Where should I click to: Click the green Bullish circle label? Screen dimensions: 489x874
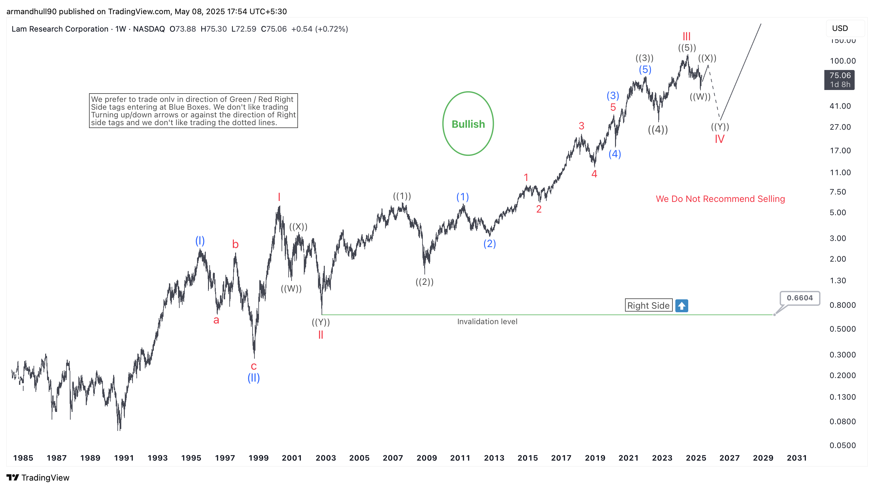[x=468, y=124]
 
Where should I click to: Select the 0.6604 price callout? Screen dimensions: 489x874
[x=800, y=298]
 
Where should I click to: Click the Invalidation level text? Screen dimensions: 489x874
[x=487, y=321]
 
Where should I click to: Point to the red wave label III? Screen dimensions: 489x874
[x=686, y=36]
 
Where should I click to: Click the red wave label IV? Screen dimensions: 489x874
[x=719, y=139]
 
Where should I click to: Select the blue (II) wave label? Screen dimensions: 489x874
[x=253, y=378]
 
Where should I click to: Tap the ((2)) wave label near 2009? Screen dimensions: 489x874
[x=424, y=282]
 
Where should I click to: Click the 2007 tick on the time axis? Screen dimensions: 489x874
[x=392, y=458]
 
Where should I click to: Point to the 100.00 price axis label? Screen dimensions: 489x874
[x=842, y=61]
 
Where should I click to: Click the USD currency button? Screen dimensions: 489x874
[x=840, y=28]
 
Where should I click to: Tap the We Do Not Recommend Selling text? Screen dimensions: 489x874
[x=720, y=199]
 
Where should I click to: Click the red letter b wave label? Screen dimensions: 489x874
[x=235, y=244]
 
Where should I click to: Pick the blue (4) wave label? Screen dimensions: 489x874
[x=614, y=154]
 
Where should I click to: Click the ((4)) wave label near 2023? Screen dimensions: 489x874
[x=658, y=129]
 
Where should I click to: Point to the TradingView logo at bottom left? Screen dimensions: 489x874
[x=38, y=477]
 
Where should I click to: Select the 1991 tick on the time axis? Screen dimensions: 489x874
[x=124, y=458]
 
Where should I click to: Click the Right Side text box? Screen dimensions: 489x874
[x=648, y=305]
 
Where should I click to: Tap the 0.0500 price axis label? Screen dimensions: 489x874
[x=842, y=445]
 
